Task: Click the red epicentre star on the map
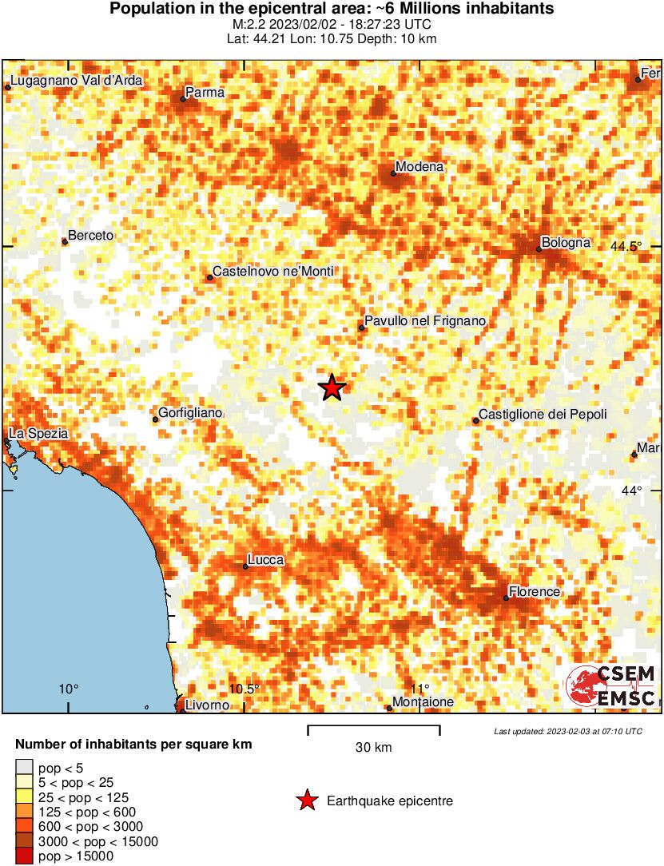click(332, 388)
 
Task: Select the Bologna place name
click(565, 242)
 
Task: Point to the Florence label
click(535, 591)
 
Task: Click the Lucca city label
click(266, 560)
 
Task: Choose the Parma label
click(205, 93)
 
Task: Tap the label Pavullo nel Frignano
click(425, 321)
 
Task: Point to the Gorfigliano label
click(190, 413)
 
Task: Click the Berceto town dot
click(65, 241)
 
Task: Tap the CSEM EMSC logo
click(611, 685)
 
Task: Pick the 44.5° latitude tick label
click(626, 246)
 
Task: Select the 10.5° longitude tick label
click(245, 689)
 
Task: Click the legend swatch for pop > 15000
click(24, 856)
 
